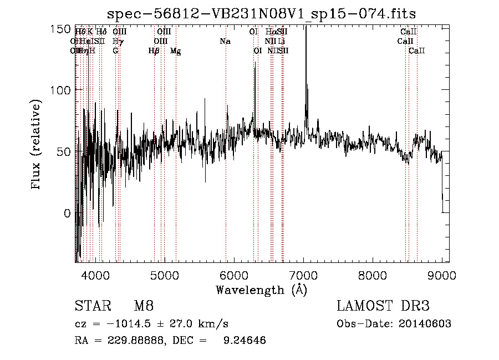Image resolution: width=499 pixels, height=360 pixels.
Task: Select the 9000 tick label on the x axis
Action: click(x=442, y=274)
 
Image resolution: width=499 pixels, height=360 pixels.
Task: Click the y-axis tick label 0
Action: click(x=67, y=214)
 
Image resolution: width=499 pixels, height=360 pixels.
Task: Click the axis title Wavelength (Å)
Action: click(x=261, y=290)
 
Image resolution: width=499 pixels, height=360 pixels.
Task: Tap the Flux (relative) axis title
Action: click(x=37, y=145)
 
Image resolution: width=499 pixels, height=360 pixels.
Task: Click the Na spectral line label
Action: click(x=225, y=42)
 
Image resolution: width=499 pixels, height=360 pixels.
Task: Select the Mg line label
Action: click(x=175, y=51)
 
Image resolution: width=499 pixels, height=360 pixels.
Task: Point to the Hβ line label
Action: click(x=154, y=51)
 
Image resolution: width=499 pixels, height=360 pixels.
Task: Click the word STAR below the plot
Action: click(x=91, y=307)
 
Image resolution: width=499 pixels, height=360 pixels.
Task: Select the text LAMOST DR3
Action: click(x=384, y=307)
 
